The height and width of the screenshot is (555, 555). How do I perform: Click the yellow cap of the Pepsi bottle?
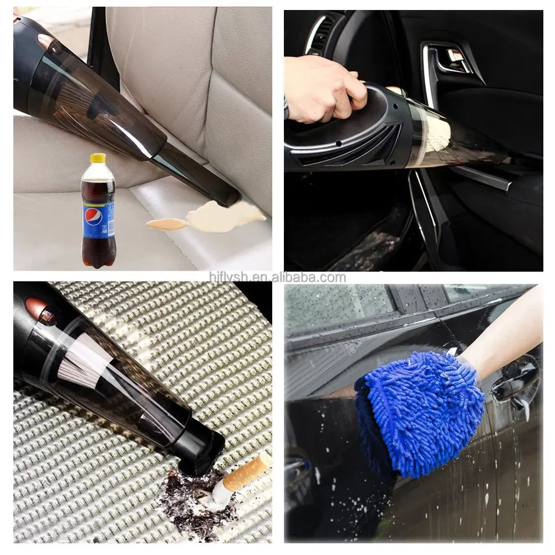coord(98,159)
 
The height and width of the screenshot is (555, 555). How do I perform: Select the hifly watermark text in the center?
coord(277,278)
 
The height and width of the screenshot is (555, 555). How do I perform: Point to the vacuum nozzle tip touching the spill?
coord(227,197)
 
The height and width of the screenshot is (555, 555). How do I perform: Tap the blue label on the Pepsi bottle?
coord(99,219)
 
